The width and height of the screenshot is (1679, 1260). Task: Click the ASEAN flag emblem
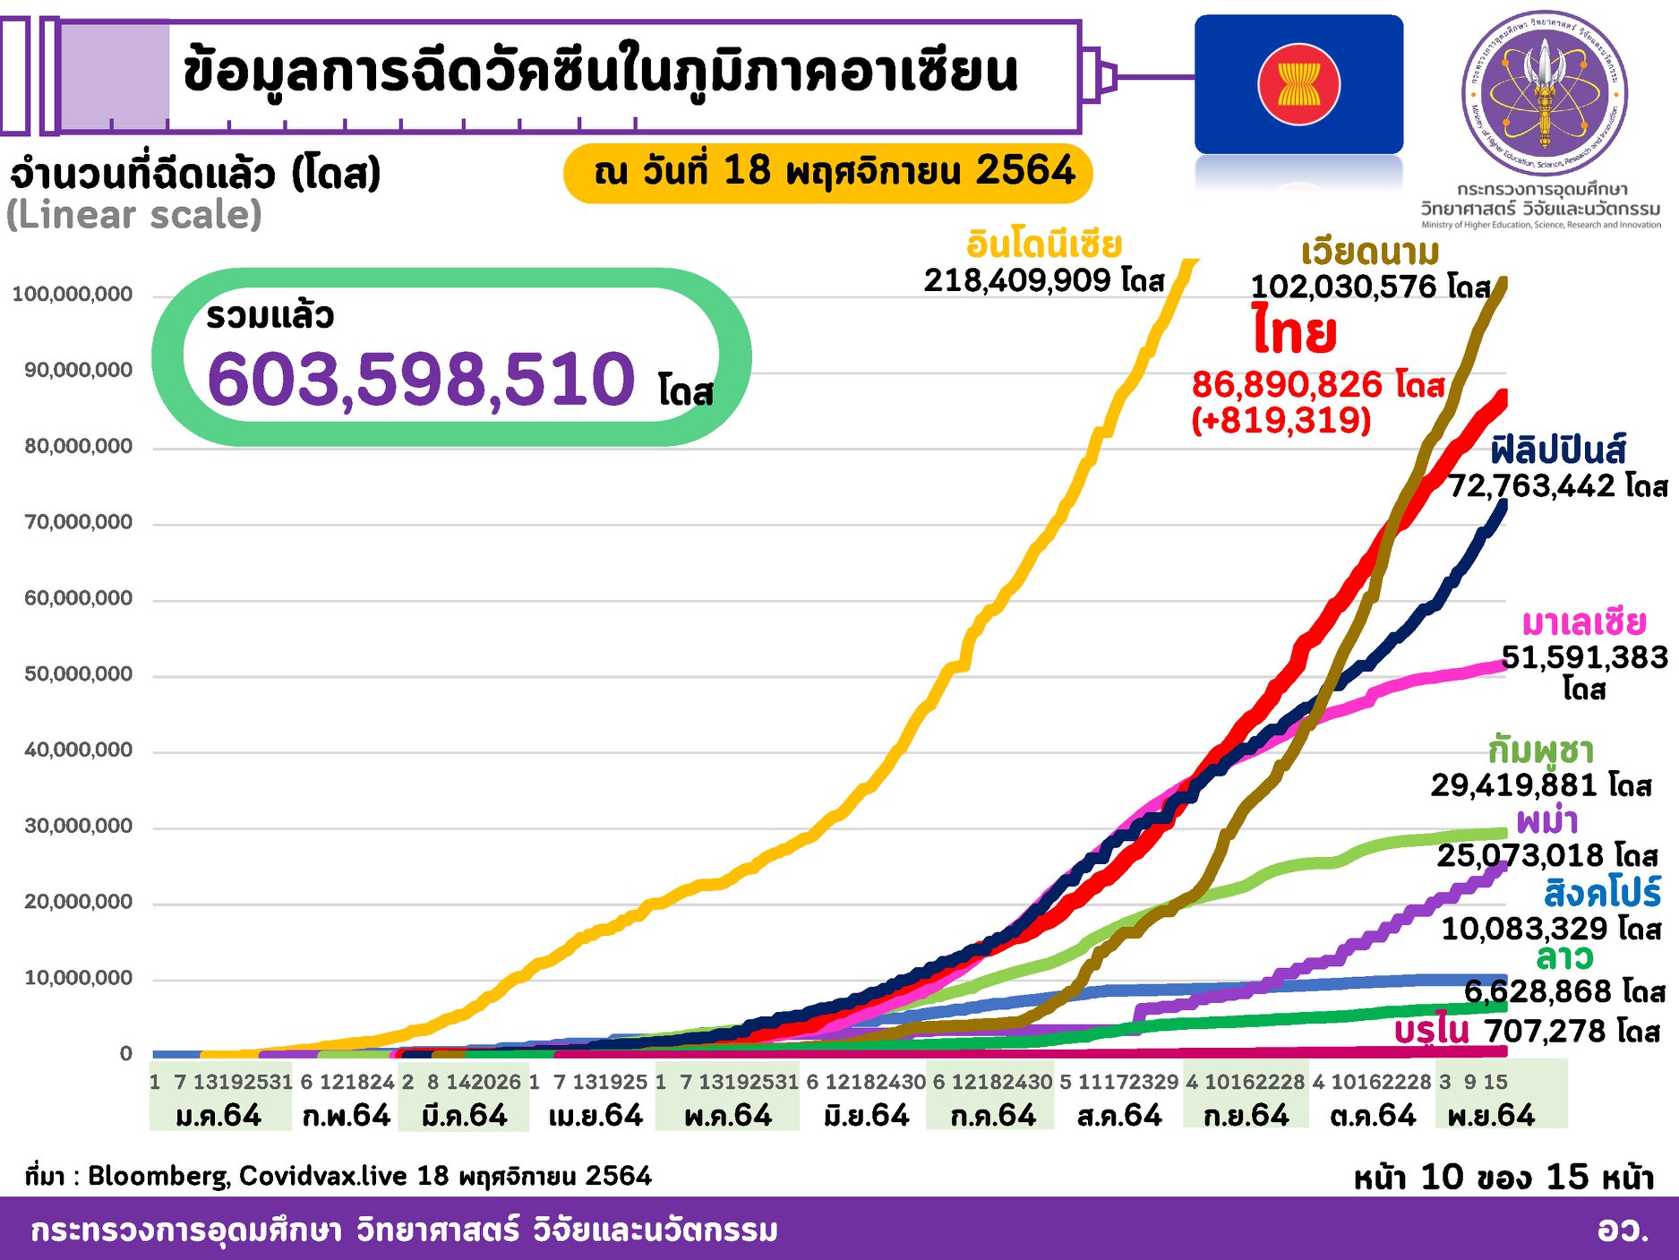tap(1298, 85)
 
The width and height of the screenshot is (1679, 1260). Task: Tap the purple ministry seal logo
tap(1544, 93)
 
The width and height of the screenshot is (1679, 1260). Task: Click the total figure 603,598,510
tap(421, 380)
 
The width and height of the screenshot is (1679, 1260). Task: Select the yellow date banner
tap(828, 171)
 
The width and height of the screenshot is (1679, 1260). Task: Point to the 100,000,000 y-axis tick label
tap(73, 295)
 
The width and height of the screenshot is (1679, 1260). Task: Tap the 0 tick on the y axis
tap(126, 1054)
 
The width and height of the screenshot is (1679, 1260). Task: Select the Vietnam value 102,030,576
tap(1343, 287)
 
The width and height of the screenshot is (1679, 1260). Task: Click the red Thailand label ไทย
tap(1294, 332)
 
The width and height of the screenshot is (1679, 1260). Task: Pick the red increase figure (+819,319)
tap(1281, 420)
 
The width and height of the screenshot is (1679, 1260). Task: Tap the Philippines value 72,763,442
tap(1531, 486)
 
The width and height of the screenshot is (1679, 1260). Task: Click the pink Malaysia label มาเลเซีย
tap(1583, 621)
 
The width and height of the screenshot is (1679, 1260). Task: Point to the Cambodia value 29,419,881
tap(1514, 785)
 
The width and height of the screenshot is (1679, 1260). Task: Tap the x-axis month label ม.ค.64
tap(219, 1116)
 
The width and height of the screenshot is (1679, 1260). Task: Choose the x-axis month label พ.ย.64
tap(1491, 1116)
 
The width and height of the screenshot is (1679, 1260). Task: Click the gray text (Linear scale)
tap(134, 215)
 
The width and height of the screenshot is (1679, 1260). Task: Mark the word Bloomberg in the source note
tap(158, 1176)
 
